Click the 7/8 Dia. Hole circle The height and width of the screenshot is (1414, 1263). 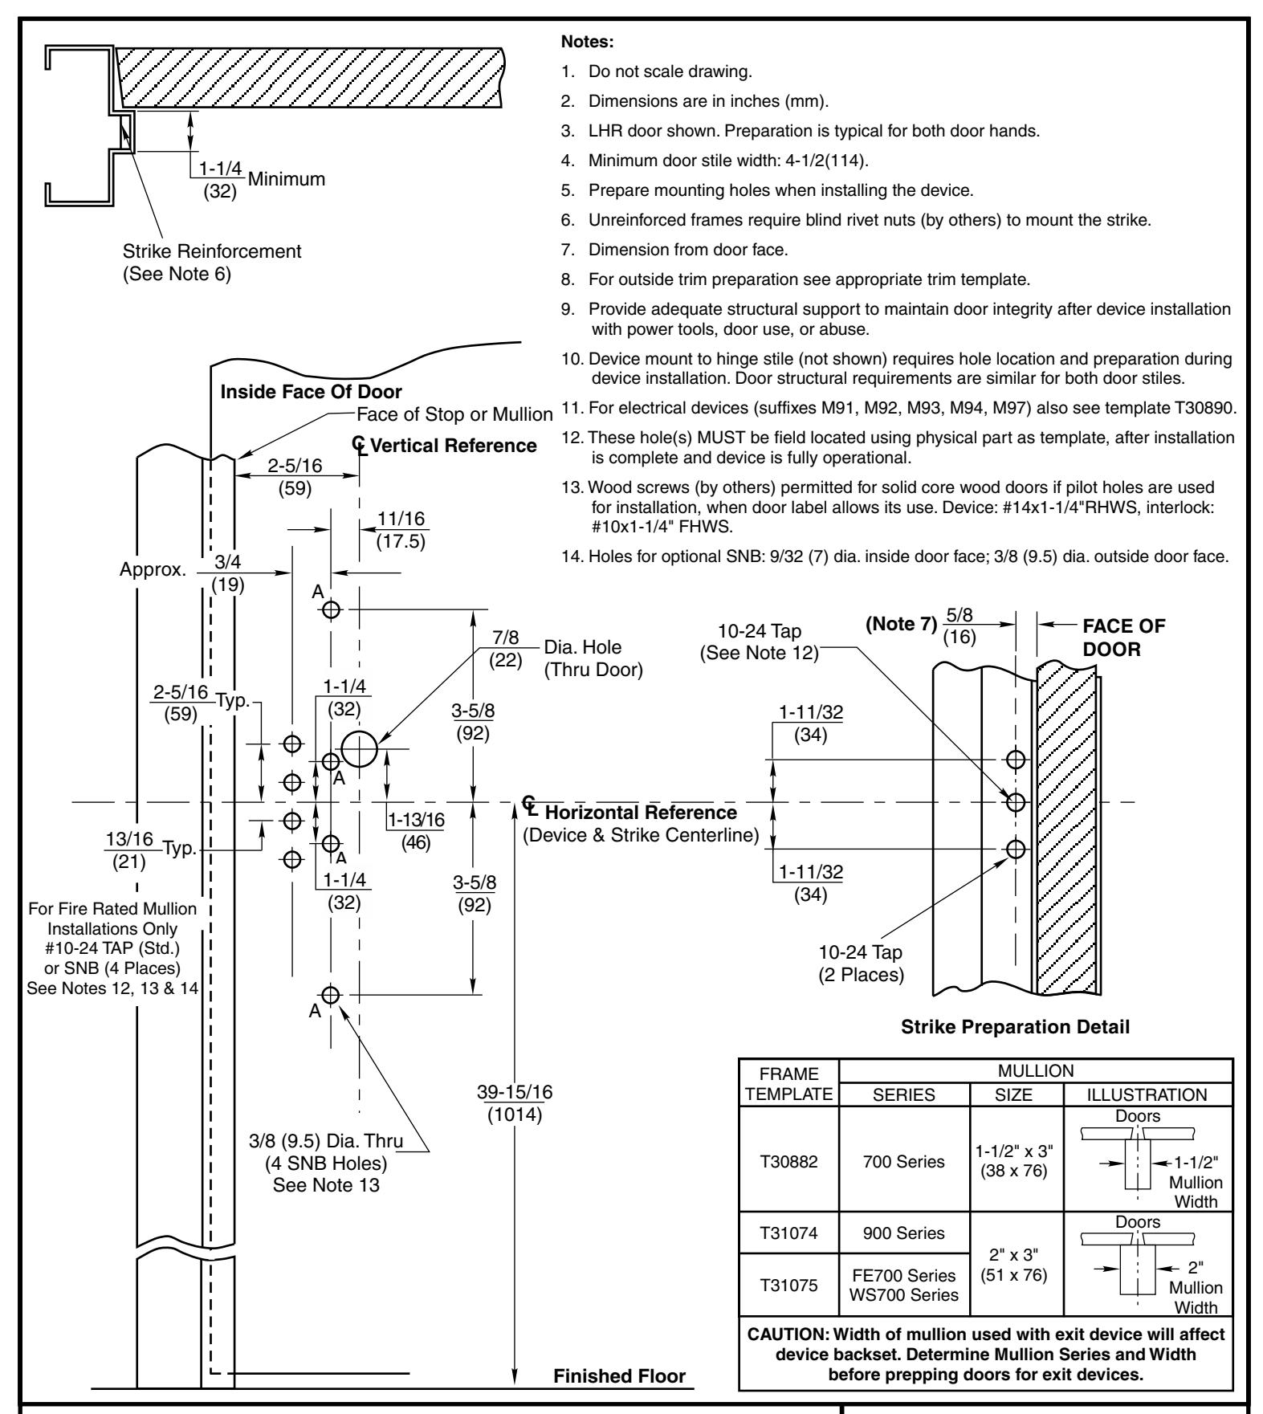tap(359, 749)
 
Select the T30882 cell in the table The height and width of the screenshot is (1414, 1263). tap(788, 1162)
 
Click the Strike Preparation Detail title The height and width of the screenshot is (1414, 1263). tap(1015, 1027)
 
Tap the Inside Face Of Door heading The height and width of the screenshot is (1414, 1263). tap(311, 393)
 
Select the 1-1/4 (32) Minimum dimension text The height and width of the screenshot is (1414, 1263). tap(257, 178)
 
